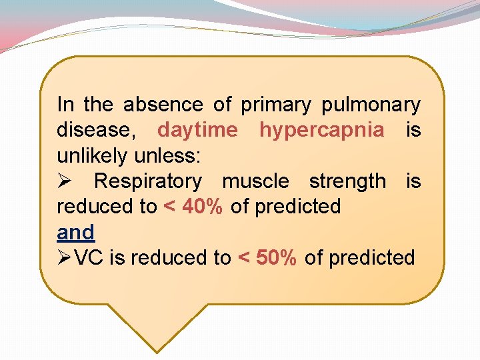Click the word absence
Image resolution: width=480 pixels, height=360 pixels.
pos(163,105)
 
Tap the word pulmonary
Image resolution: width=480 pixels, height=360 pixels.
pos(371,105)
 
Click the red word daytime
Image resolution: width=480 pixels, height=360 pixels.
pos(197,130)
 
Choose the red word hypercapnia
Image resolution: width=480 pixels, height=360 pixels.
pos(322,130)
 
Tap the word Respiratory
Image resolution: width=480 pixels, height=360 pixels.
pos(147,181)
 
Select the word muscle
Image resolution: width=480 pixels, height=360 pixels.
pos(255,181)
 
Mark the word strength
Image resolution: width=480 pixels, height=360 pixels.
pos(347,181)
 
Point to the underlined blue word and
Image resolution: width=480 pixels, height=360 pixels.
pos(76,232)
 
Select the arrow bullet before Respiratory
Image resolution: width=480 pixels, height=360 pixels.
pos(65,181)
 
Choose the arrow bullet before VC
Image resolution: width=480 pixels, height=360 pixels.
pos(65,257)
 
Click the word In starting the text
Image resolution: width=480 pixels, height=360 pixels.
pos(65,105)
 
